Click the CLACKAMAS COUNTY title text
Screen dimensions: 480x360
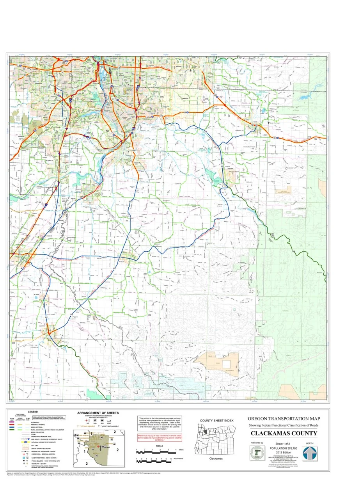284,433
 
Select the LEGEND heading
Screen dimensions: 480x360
33,412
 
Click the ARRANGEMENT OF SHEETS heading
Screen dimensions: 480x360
98,412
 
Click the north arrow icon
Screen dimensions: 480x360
309,453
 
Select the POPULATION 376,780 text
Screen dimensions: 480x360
284,448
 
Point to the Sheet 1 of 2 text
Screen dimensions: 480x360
284,444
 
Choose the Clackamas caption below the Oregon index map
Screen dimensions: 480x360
216,459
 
